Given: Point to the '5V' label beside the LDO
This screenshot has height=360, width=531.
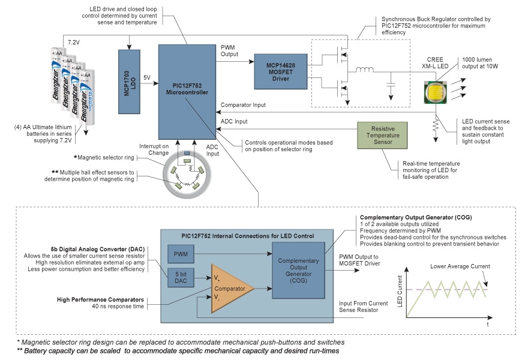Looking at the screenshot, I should point(148,77).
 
